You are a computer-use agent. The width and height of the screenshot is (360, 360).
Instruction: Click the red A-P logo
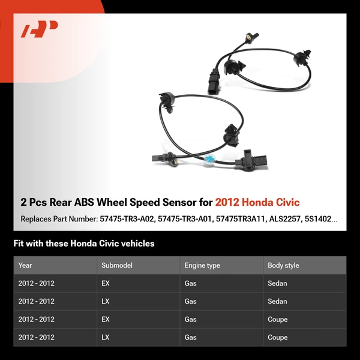[40, 29]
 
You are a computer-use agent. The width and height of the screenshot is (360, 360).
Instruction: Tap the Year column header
[25, 265]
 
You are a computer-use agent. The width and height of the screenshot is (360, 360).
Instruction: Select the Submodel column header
[116, 265]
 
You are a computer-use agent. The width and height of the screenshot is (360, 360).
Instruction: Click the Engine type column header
[202, 265]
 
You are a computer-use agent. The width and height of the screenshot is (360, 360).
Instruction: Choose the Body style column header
[283, 265]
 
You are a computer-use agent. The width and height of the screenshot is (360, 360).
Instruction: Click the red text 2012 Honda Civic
[257, 202]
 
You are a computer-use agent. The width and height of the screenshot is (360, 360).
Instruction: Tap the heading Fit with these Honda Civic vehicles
[84, 244]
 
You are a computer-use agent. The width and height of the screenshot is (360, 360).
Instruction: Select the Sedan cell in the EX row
[277, 283]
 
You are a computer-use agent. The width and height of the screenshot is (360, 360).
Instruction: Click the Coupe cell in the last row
[278, 337]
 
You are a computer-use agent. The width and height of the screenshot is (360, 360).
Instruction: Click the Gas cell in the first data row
[191, 283]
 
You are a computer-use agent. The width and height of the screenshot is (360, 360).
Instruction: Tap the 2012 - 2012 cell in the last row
[37, 337]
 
